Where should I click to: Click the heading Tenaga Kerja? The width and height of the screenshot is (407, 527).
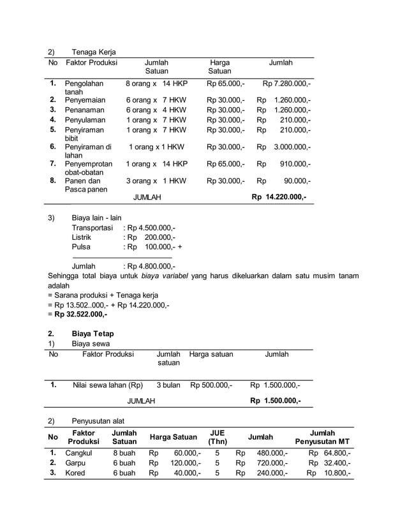point(94,52)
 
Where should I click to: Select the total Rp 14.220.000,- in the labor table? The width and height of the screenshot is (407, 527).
point(279,197)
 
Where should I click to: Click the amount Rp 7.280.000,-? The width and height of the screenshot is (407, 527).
point(287,84)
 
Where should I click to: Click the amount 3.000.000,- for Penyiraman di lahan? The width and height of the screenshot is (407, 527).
point(292,147)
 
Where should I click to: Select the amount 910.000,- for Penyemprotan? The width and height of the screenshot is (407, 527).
point(295,164)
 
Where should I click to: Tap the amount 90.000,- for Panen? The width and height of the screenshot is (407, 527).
point(297,181)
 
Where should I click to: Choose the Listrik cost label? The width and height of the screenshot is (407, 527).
point(81,237)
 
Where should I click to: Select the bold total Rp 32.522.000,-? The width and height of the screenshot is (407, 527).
point(80,314)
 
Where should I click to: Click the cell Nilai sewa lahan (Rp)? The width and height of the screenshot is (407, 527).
point(108,385)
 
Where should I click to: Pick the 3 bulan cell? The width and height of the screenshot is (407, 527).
point(168,385)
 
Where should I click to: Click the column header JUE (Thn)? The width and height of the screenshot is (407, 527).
point(218,437)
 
